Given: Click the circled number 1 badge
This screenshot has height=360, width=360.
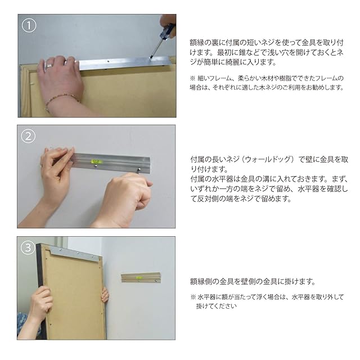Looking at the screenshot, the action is coord(29,25).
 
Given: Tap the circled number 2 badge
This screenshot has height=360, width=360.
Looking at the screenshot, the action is coord(28,136).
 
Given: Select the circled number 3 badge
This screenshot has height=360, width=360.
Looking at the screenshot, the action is coord(28,247).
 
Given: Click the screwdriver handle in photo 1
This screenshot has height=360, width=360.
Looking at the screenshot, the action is coord(168,30).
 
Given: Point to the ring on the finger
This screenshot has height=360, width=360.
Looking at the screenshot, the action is coord(49,66).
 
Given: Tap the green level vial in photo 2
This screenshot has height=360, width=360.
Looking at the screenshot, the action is coord(96,161).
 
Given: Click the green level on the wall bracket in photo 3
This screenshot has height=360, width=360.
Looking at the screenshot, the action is coord(138,278).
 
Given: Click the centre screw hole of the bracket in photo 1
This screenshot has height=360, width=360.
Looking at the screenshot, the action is coord(108,61).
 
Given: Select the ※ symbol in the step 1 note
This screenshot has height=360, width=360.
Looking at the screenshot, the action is coord(193,78).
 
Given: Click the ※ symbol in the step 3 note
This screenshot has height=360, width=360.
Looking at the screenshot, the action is coord(193,297).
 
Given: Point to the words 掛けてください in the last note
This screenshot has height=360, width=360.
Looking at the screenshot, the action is coord(216,306).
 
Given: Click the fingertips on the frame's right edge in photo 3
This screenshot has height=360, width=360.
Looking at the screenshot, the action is coord(105,295).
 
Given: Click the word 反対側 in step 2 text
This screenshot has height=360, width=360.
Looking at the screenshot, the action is coord(208,199).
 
